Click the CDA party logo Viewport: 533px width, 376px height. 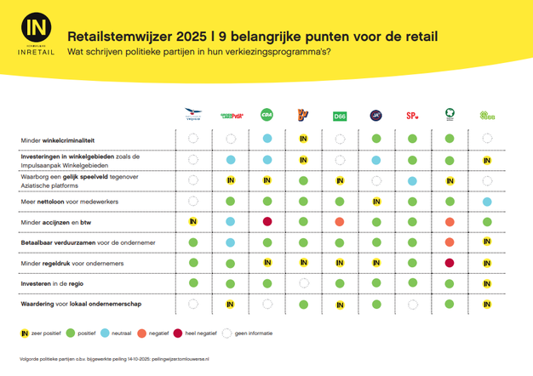coord(266,115)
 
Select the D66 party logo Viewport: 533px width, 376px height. coord(340,115)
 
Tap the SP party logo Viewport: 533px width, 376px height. coord(413,115)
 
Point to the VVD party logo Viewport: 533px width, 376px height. coord(303,115)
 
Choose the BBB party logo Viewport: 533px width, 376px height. coord(487,115)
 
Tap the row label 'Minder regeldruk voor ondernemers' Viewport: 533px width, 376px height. coord(72,263)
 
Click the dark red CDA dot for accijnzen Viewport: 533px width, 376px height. coord(266,222)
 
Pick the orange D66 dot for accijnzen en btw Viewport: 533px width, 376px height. coord(340,222)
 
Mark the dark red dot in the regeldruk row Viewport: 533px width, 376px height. coord(450,263)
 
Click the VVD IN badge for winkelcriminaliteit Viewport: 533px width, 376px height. coord(303,139)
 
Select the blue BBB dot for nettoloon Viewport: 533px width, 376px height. coord(487,202)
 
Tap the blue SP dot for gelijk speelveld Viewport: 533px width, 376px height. coord(413,180)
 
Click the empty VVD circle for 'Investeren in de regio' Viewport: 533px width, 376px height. coord(303,283)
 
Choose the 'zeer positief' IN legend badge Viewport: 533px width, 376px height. coord(25,334)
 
